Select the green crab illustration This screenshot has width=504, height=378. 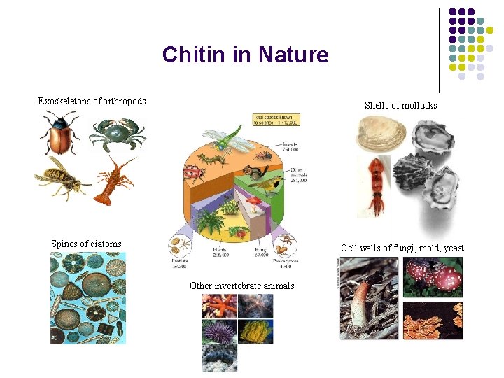click(117, 134)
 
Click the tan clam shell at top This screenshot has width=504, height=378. click(381, 134)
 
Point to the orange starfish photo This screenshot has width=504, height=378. click(218, 306)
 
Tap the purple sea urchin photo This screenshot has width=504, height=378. click(218, 331)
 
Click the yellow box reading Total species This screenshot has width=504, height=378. click(276, 120)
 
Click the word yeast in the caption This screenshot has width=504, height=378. click(452, 248)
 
